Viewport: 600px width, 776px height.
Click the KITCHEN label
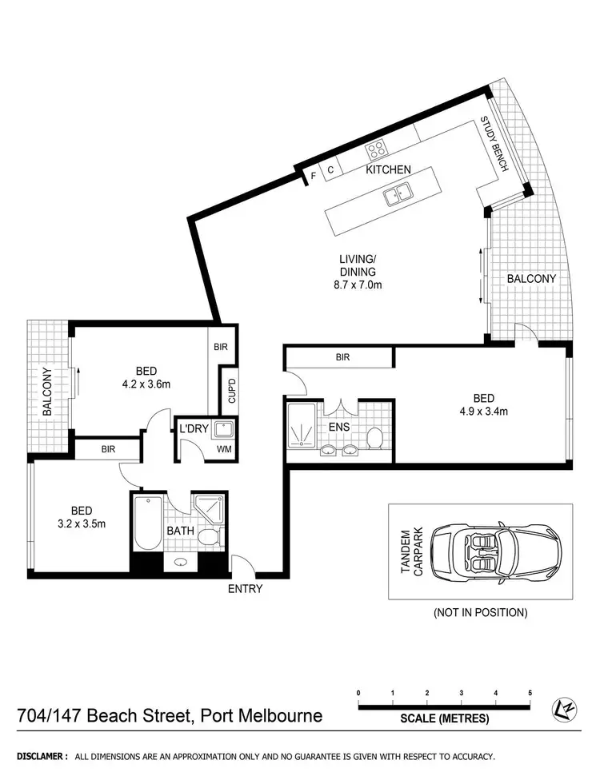click(388, 169)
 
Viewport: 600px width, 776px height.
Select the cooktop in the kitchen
click(376, 149)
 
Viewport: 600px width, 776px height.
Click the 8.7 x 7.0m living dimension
click(357, 285)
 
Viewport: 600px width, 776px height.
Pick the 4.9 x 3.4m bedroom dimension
click(483, 412)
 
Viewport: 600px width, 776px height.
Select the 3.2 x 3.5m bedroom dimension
click(81, 523)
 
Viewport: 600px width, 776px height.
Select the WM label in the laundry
click(224, 450)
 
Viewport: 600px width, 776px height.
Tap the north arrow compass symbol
click(563, 708)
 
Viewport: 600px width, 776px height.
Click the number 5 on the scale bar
click(530, 692)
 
